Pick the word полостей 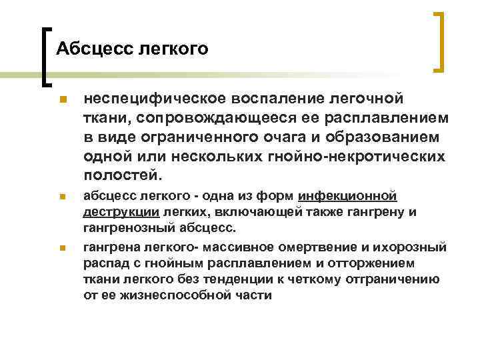click(x=122, y=177)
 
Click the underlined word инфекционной click(x=349, y=197)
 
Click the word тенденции click(x=241, y=279)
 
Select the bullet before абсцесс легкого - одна click(x=61, y=198)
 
